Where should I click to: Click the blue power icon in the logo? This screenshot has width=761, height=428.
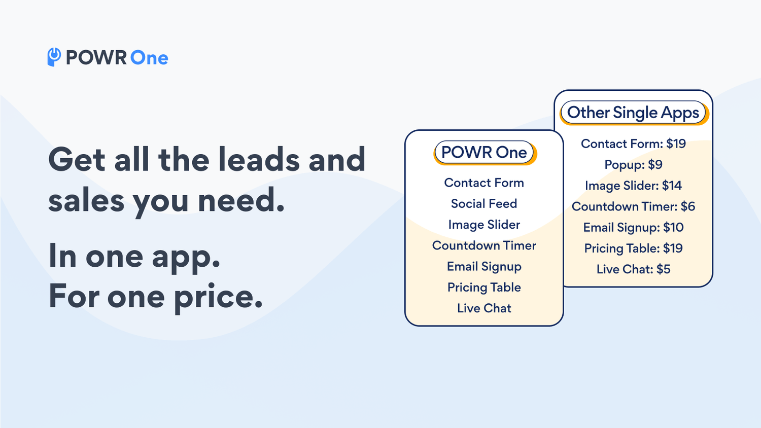(x=54, y=57)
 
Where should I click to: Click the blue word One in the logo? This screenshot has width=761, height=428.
(x=149, y=58)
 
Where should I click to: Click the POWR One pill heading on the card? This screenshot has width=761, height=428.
(x=484, y=152)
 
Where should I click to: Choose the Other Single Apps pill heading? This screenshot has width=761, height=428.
(x=633, y=113)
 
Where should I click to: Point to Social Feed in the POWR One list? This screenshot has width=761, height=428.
(x=484, y=203)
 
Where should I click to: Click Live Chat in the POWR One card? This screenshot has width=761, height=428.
(x=484, y=308)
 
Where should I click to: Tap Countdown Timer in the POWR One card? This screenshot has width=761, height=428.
(x=484, y=245)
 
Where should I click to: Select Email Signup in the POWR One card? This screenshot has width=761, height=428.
(x=484, y=267)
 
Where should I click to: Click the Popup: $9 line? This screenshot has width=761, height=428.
(x=633, y=165)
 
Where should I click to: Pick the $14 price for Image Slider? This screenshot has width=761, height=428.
(x=672, y=186)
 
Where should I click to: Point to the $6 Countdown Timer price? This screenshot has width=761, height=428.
(x=687, y=206)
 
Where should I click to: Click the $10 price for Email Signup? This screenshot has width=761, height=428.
(x=673, y=227)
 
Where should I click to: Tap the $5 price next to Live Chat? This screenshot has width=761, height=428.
(x=663, y=269)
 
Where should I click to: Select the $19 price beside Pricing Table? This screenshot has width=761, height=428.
(x=673, y=248)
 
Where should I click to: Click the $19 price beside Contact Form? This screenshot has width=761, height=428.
(x=676, y=144)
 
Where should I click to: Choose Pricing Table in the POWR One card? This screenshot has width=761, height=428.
(x=484, y=288)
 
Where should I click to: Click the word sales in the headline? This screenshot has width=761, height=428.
(x=86, y=200)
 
